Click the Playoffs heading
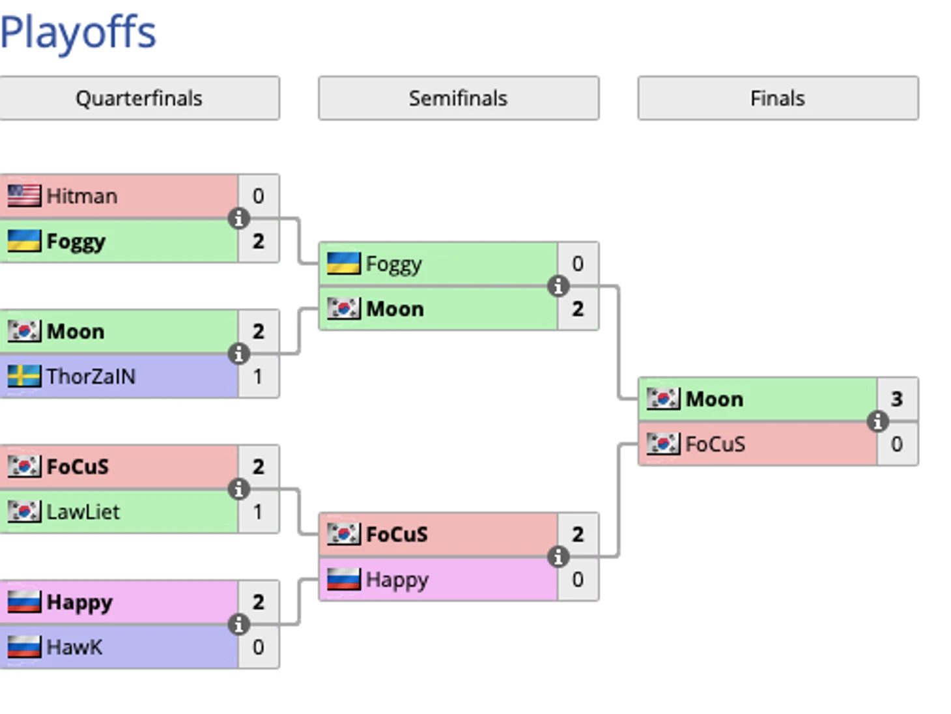point(78,33)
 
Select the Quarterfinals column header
point(139,98)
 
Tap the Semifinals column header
point(458,98)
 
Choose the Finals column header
point(778,98)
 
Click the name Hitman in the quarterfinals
point(82,196)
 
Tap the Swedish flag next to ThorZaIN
point(24,377)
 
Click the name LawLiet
point(83,512)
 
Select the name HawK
point(74,648)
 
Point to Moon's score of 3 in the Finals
point(897,399)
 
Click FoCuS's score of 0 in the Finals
point(897,444)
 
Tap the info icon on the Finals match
point(877,421)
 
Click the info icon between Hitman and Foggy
point(238,218)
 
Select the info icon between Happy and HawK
point(238,625)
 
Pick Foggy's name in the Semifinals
point(393,264)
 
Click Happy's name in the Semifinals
point(397,580)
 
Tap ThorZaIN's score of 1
point(258,377)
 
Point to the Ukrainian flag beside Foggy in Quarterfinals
point(24,241)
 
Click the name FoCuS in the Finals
point(715,444)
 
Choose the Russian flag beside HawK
point(24,648)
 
